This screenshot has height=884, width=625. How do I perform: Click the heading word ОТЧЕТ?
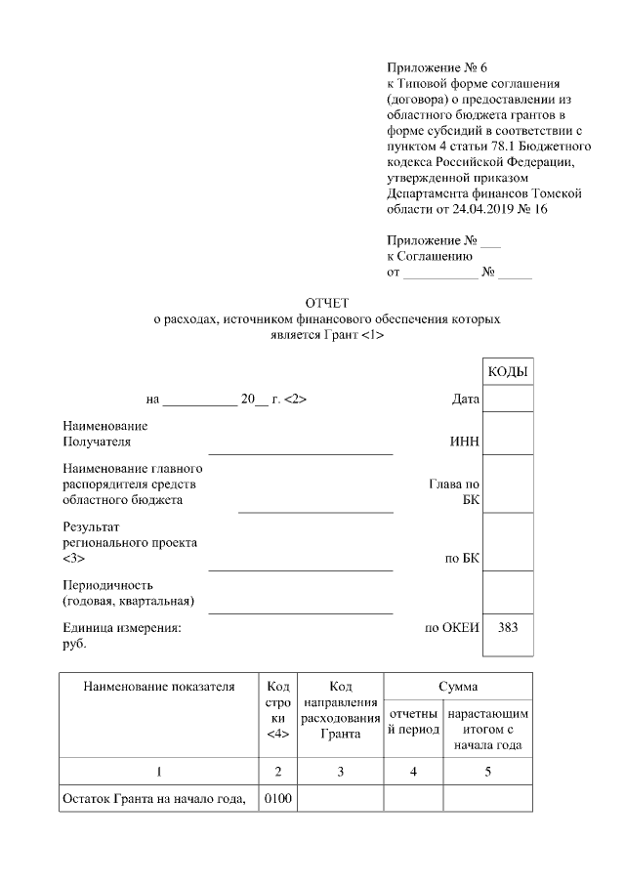326,303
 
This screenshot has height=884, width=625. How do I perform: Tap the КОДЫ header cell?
508,373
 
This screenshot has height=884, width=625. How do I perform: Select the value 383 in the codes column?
508,628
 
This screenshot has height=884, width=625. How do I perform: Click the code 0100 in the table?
277,799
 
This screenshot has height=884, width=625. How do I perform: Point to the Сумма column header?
457,687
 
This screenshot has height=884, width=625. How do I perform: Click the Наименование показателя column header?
159,687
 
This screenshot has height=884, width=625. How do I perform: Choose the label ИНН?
464,442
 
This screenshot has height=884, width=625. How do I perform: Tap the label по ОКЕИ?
451,628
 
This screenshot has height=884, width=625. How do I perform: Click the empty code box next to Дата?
508,399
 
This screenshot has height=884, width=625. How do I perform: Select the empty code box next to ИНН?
508,433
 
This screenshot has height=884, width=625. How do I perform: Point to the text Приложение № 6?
437,67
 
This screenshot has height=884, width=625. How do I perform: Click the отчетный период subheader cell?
413,721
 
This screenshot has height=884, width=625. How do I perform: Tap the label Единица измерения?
121,628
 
